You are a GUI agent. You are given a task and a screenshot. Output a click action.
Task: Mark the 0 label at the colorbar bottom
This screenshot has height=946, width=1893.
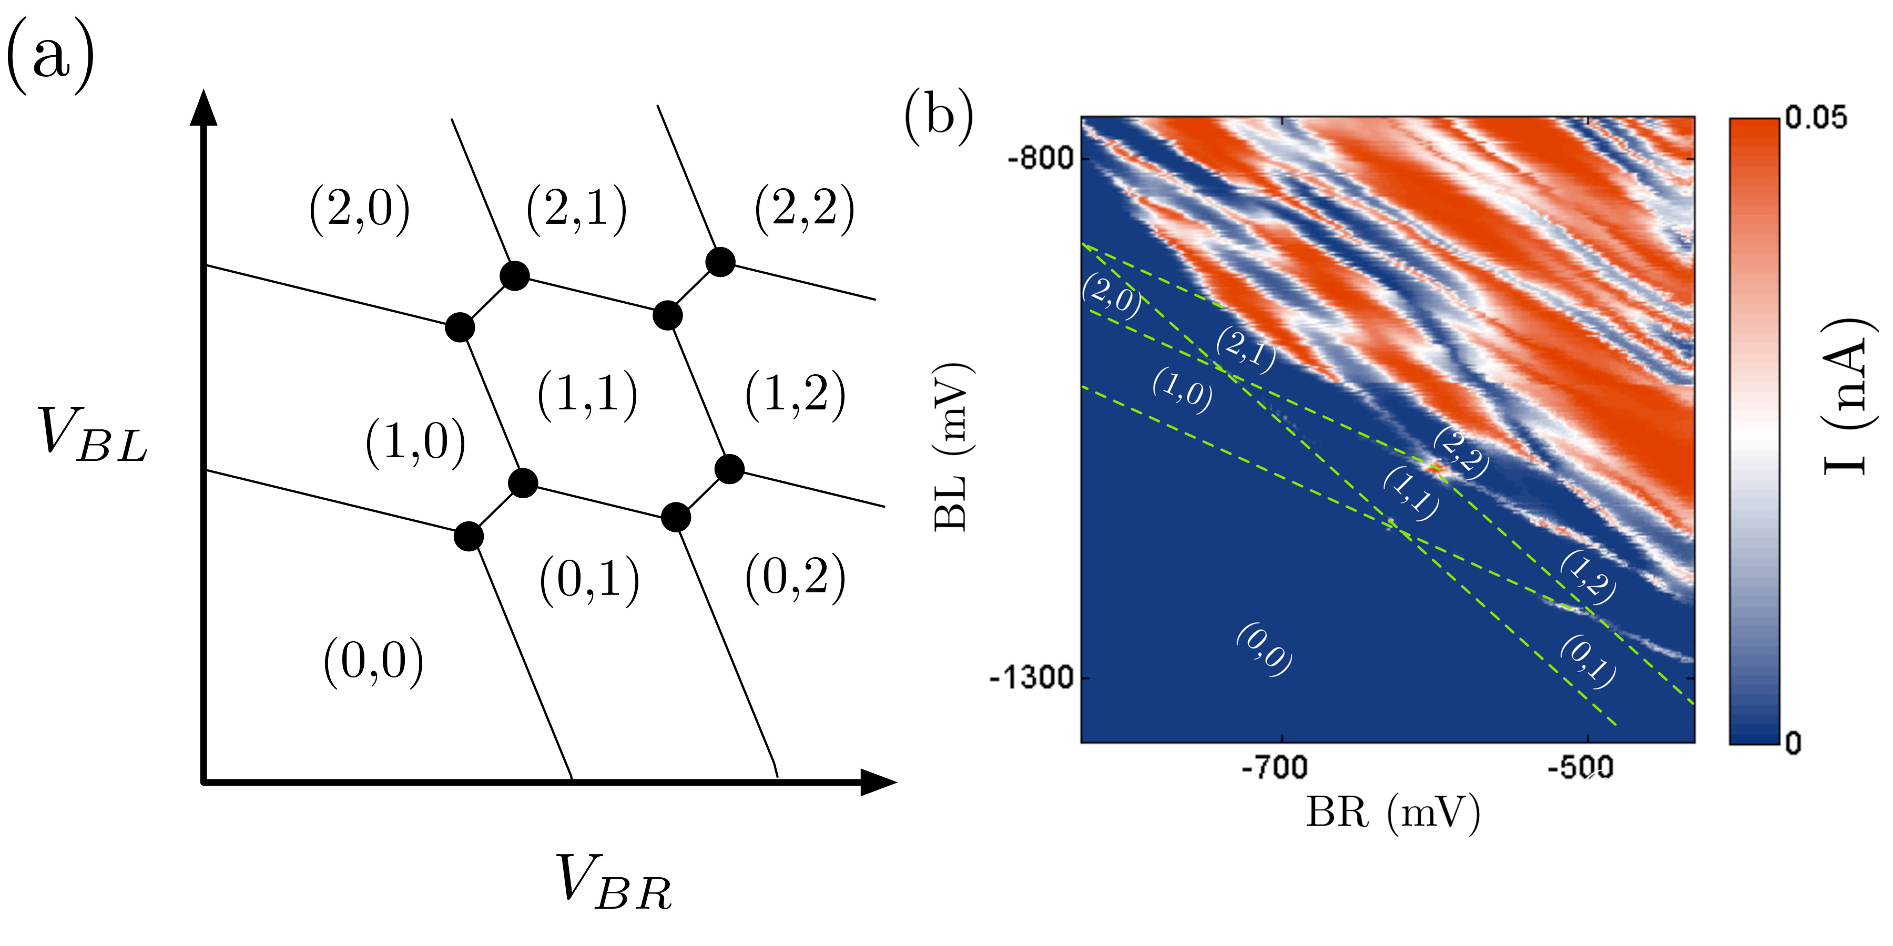pyautogui.click(x=1794, y=743)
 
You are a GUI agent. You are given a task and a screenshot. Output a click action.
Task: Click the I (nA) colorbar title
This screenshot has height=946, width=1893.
pyautogui.click(x=1845, y=397)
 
